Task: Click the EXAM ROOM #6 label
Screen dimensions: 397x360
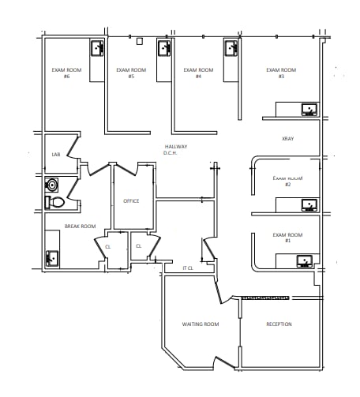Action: pos(62,73)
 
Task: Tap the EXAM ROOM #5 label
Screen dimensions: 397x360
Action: pos(131,73)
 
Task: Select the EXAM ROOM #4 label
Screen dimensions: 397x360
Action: pos(199,73)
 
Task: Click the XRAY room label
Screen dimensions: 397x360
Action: pos(287,138)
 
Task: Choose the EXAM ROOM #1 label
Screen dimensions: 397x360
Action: pos(287,237)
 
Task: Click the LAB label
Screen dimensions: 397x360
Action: pos(56,155)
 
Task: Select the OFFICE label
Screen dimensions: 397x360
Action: pos(131,200)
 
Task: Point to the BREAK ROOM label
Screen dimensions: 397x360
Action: pos(80,227)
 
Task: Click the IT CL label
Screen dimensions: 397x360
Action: pos(188,268)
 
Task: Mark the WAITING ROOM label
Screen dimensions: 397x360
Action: pos(201,324)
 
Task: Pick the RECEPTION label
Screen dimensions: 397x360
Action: pos(279,324)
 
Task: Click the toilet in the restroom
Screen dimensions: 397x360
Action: pos(55,202)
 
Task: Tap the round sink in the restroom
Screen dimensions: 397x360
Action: pos(53,185)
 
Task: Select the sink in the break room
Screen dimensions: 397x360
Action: pos(52,257)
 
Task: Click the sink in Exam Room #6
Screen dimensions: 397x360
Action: pos(96,48)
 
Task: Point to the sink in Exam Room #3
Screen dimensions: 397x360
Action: pos(309,108)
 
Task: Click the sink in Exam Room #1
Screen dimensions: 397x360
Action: pos(304,259)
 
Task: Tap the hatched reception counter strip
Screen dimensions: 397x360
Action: pos(265,298)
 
